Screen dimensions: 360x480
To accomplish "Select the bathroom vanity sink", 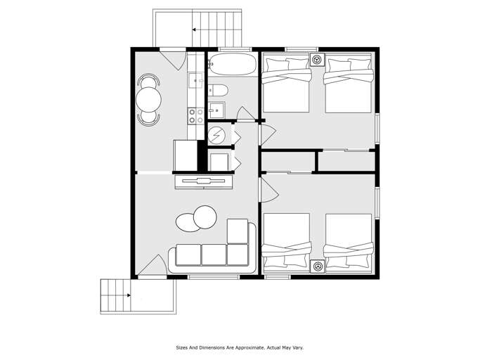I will point(216,110).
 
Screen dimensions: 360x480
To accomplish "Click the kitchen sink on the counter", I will point(195,79).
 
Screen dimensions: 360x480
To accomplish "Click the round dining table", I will point(148,99).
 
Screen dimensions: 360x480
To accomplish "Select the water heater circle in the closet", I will point(218,134).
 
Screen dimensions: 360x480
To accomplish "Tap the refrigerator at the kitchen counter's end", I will point(186,155).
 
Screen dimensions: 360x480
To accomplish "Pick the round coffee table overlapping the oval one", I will point(205,217).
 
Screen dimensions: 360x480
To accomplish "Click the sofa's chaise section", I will point(238,231).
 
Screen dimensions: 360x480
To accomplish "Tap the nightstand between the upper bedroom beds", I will point(317,60).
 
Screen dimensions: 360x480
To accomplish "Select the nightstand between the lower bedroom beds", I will point(317,266).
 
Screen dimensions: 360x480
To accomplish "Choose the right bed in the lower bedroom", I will point(349,242).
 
